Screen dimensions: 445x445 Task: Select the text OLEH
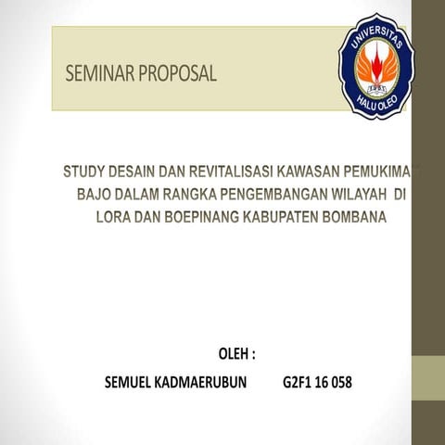pyautogui.click(x=231, y=354)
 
